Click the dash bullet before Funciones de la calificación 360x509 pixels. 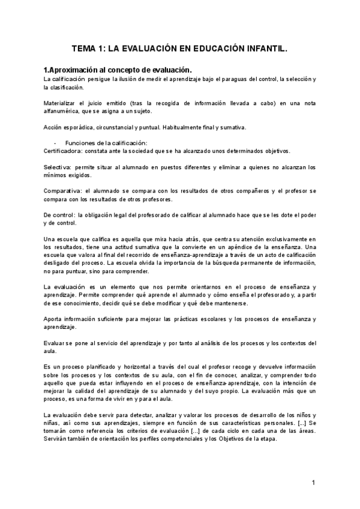click(55, 143)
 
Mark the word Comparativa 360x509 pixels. click(62, 190)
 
